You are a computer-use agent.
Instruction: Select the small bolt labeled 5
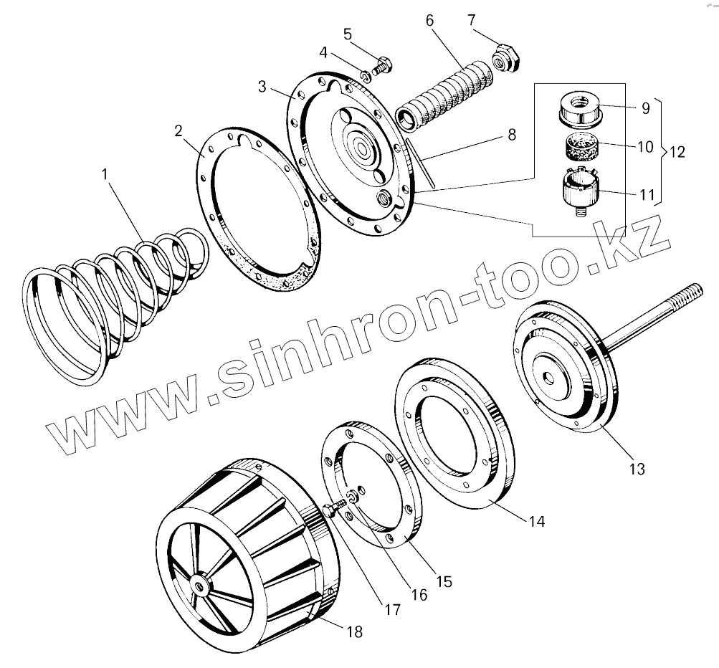tap(381, 63)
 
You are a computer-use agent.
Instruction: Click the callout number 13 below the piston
tap(637, 469)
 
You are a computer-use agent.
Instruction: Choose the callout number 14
tap(537, 522)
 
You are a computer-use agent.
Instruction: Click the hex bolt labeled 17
tap(330, 510)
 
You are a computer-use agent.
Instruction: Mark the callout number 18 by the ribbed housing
tap(354, 632)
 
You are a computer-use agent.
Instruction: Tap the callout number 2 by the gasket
tap(178, 131)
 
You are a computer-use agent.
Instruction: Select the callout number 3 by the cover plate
tap(262, 87)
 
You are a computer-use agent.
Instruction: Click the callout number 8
tap(510, 135)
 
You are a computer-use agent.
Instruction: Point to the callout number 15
tap(444, 581)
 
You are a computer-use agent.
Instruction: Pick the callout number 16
tap(418, 594)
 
